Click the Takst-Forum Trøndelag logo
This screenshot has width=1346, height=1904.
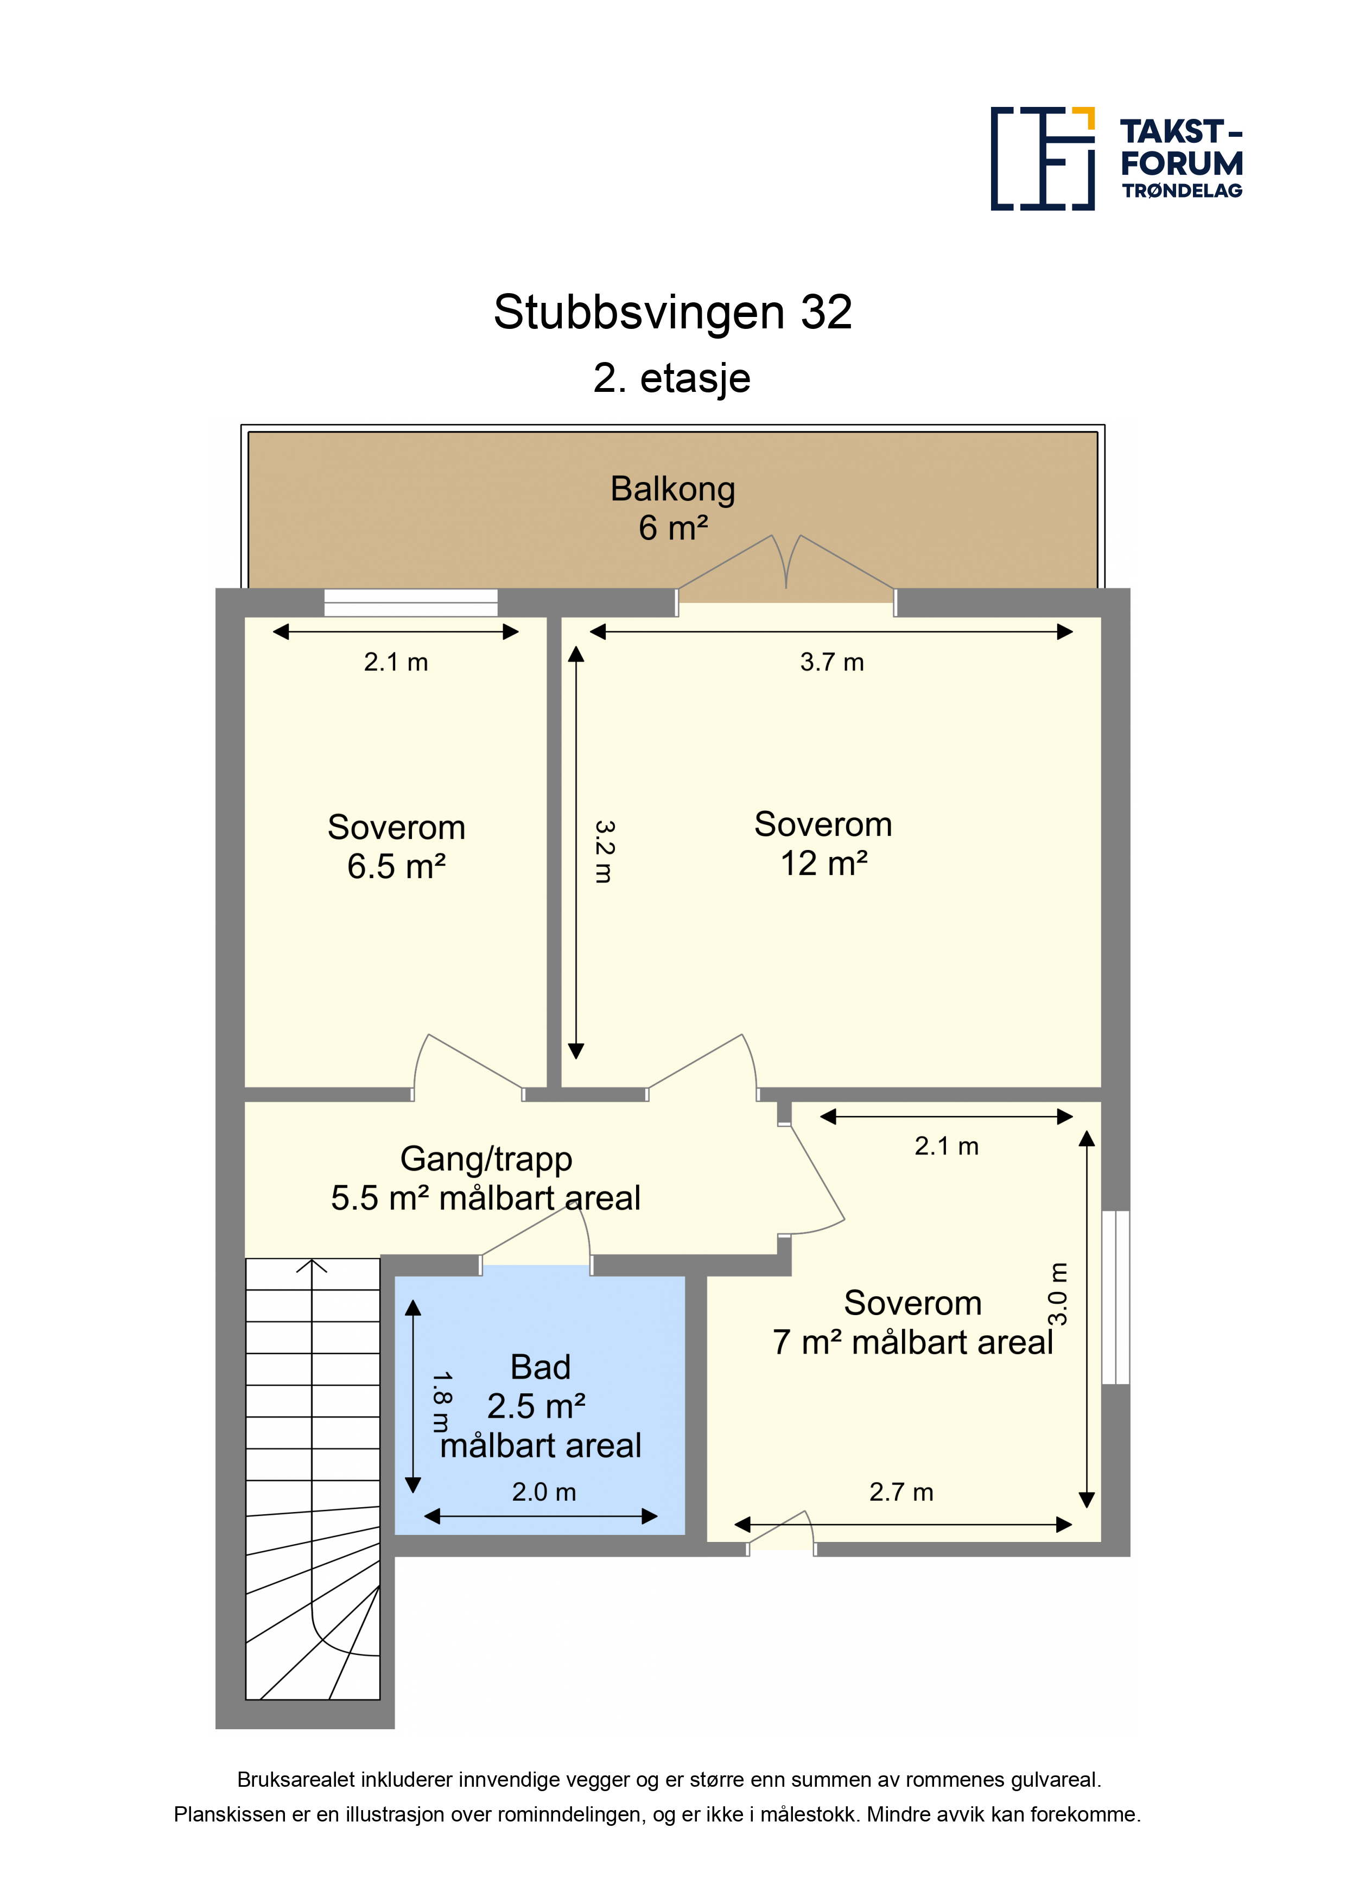click(1116, 158)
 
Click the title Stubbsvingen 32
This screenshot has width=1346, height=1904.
click(672, 313)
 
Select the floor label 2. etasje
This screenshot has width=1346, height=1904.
click(672, 378)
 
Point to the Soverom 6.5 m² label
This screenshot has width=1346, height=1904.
click(396, 847)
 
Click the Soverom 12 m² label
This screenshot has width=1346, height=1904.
click(823, 843)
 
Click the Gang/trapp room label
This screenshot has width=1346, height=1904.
click(486, 1178)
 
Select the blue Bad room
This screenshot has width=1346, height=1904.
click(540, 1405)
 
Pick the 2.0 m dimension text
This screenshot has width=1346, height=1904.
click(544, 1492)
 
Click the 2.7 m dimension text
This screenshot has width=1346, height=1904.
click(901, 1492)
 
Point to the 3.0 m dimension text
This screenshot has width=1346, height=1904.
click(1058, 1294)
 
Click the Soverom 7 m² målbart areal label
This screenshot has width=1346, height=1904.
click(912, 1323)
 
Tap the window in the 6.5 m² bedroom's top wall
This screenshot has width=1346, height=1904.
click(410, 603)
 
